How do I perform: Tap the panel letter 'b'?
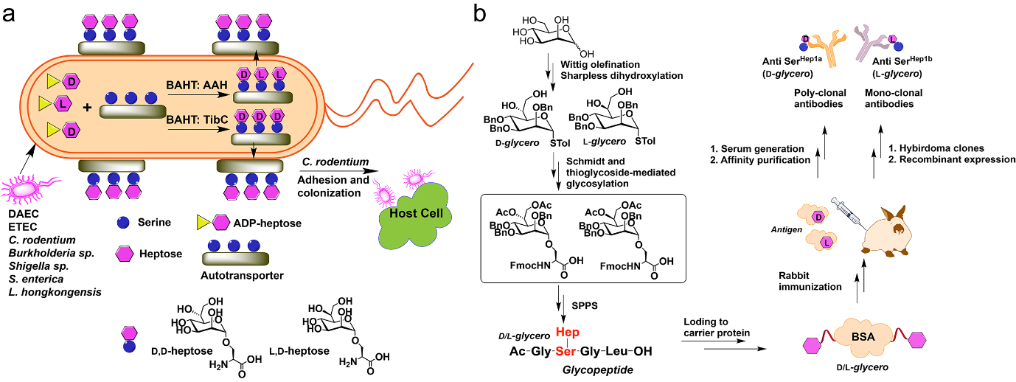click(x=480, y=13)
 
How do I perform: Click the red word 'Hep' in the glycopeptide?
click(x=568, y=332)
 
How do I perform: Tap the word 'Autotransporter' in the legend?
click(x=242, y=277)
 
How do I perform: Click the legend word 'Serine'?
click(x=153, y=221)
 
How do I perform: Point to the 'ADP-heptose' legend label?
click(x=267, y=221)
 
